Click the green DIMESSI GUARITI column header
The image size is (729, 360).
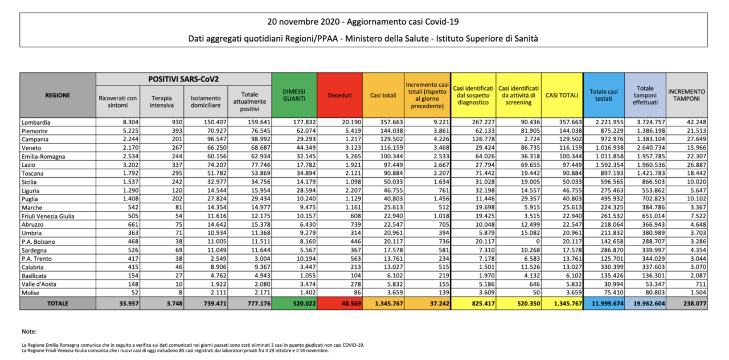pos(294,95)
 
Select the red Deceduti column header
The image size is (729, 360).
pos(339,95)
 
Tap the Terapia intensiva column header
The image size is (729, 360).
pos(162,101)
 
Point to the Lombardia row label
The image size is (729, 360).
pos(36,122)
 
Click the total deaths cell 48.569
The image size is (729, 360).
pos(351,304)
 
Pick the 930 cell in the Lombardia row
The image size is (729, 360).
pos(177,122)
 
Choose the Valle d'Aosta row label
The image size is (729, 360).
pos(39,284)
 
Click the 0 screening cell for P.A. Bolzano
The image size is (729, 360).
pos(538,242)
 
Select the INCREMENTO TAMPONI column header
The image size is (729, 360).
pos(687,95)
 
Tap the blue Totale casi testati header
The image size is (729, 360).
pos(604,95)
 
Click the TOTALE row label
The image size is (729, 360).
pos(58,304)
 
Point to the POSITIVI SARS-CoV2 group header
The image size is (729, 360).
pos(183,79)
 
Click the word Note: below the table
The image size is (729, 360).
pos(29,332)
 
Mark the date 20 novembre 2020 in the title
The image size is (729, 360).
pos(304,22)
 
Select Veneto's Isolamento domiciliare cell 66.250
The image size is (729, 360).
pos(215,148)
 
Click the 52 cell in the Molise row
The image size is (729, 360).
pos(135,293)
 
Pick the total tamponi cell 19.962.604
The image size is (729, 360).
pos(649,304)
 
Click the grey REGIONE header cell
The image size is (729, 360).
pos(58,95)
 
